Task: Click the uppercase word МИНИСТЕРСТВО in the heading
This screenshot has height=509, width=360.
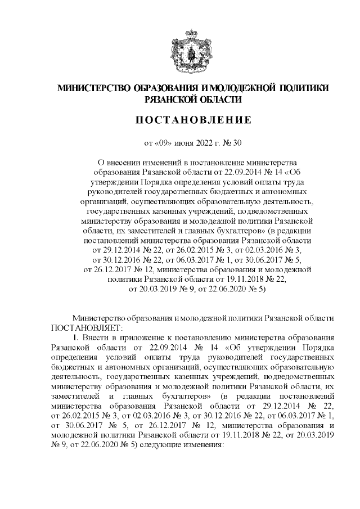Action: tap(93, 88)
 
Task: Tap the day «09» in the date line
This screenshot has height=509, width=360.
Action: tap(162, 142)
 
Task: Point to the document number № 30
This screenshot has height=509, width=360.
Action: tap(233, 142)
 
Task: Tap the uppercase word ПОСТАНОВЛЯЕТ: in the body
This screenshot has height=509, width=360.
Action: tap(83, 327)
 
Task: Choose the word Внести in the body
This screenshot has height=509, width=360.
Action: tap(94, 337)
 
